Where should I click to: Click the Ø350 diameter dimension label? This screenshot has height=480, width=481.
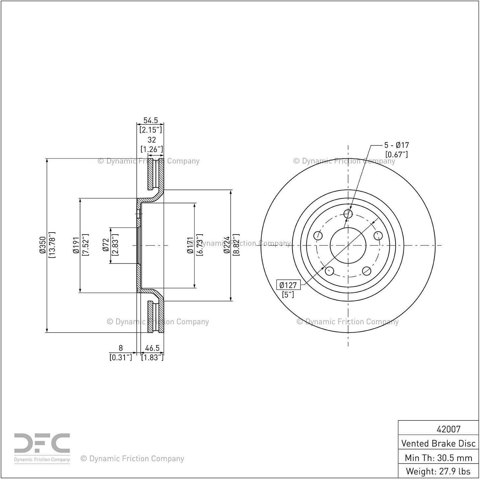(42, 245)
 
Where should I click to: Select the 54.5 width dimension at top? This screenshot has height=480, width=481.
(151, 120)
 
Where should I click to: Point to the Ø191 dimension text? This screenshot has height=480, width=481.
(76, 245)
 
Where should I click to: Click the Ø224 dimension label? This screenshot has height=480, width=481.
(227, 245)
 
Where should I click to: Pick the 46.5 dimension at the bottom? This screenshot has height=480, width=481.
(152, 348)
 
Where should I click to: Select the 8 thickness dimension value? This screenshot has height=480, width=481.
(121, 348)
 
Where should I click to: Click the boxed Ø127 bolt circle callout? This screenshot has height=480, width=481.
(288, 285)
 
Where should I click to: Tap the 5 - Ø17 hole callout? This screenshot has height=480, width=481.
(396, 145)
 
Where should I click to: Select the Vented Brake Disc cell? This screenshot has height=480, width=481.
(438, 443)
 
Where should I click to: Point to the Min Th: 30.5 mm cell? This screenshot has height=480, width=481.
(438, 458)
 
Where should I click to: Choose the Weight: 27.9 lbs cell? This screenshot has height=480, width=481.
(438, 471)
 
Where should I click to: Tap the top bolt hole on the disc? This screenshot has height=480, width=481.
(348, 214)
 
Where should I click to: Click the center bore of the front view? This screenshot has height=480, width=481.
(348, 245)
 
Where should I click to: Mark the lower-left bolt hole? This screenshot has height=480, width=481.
(329, 271)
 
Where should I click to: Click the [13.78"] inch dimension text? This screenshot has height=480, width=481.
(52, 245)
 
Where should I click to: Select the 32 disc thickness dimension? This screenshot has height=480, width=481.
(152, 139)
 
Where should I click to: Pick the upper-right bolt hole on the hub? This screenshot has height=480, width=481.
(378, 236)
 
